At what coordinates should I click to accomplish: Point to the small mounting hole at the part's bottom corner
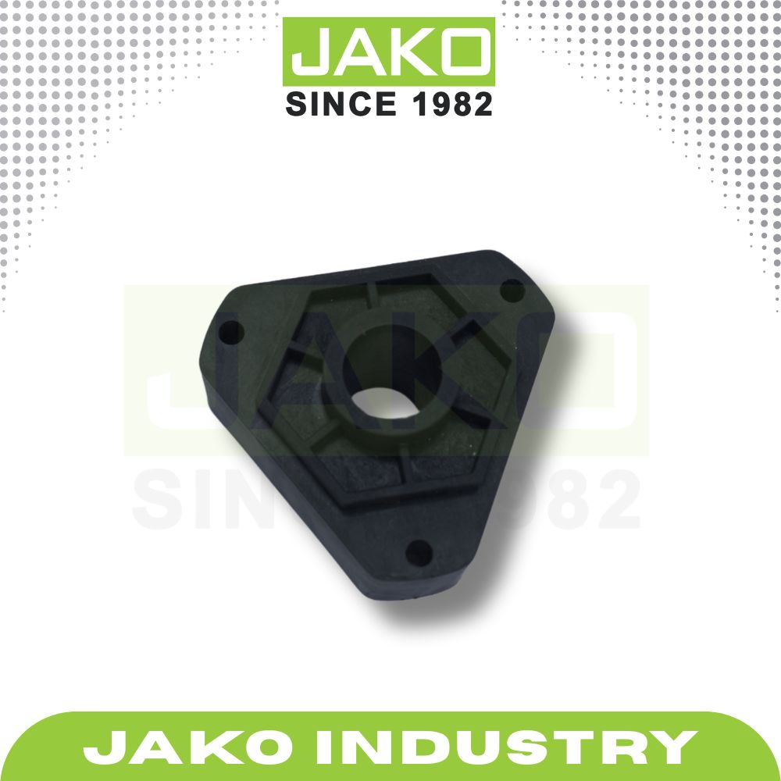pyautogui.click(x=420, y=552)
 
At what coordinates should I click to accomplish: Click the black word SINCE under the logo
pyautogui.click(x=335, y=103)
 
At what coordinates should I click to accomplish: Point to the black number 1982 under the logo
pyautogui.click(x=449, y=103)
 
